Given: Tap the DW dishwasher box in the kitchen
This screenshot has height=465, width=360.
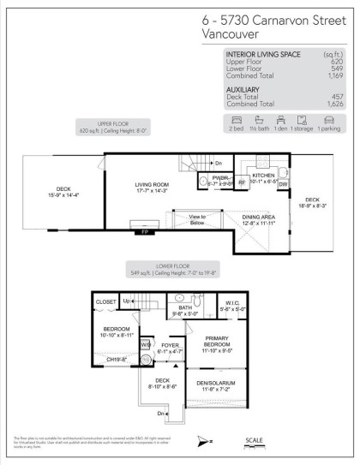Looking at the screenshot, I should pos(283,183).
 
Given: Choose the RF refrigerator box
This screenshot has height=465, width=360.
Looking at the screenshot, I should pos(243,182).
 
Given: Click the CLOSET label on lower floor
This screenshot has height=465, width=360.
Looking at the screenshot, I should pos(106,302).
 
